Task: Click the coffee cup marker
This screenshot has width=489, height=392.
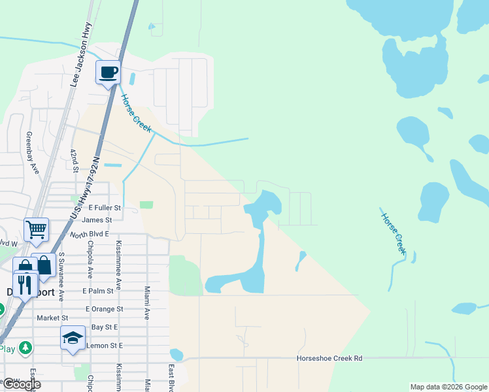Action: (x=109, y=72)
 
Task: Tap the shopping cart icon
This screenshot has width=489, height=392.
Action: (x=36, y=229)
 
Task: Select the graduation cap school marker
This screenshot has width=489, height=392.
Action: (x=73, y=338)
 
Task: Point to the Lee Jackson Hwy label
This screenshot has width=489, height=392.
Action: (x=82, y=56)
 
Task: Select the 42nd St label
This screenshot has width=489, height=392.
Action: (x=75, y=161)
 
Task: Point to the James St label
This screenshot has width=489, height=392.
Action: (x=97, y=220)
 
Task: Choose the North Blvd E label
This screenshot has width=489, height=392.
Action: (x=89, y=234)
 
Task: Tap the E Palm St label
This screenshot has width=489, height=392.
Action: (x=103, y=291)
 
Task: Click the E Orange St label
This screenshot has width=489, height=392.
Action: (x=104, y=308)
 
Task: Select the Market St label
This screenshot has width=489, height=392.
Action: (x=48, y=318)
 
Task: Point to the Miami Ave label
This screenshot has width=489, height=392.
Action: (x=147, y=302)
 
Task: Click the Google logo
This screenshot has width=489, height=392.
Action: (x=22, y=384)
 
